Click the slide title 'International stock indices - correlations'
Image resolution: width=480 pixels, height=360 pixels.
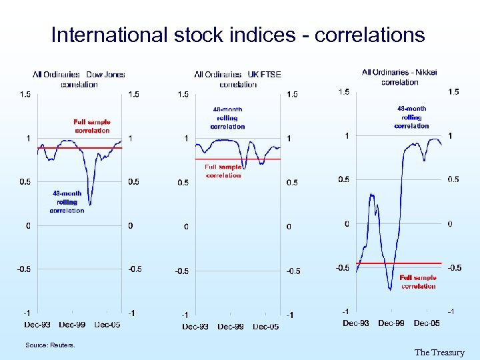pyautogui.click(x=238, y=35)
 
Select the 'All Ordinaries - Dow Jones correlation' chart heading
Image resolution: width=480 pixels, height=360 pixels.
pyautogui.click(x=79, y=79)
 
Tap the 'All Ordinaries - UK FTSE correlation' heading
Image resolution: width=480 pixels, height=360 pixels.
pyautogui.click(x=237, y=79)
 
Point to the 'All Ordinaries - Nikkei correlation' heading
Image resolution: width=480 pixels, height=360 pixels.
pyautogui.click(x=399, y=77)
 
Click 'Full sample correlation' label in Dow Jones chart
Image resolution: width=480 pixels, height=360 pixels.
pyautogui.click(x=92, y=126)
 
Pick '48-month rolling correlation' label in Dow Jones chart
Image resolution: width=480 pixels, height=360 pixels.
pyautogui.click(x=67, y=202)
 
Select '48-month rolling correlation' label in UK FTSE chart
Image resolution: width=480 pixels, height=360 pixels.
pyautogui.click(x=227, y=118)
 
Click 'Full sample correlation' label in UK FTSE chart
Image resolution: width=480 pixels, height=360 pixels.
pyautogui.click(x=223, y=171)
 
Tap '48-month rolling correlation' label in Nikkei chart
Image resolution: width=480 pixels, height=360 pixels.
pyautogui.click(x=411, y=117)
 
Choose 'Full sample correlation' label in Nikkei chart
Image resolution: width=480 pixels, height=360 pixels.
pyautogui.click(x=418, y=282)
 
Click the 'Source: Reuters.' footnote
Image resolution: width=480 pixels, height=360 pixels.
pyautogui.click(x=50, y=345)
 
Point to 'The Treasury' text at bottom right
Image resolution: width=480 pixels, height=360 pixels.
pyautogui.click(x=439, y=353)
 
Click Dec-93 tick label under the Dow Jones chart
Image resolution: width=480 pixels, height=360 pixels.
pyautogui.click(x=37, y=325)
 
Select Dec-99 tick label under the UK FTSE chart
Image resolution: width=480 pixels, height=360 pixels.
pyautogui.click(x=230, y=327)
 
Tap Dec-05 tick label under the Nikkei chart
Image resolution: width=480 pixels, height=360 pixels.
pyautogui.click(x=427, y=323)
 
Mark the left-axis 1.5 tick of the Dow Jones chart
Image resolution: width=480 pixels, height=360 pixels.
pyautogui.click(x=25, y=95)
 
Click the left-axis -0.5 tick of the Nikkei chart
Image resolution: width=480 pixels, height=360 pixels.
pyautogui.click(x=342, y=268)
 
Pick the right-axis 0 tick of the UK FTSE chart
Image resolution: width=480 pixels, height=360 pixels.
pyautogui.click(x=289, y=227)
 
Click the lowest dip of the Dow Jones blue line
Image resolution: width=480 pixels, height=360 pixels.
pyautogui.click(x=90, y=204)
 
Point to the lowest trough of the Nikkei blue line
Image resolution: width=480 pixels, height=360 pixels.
pyautogui.click(x=390, y=289)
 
